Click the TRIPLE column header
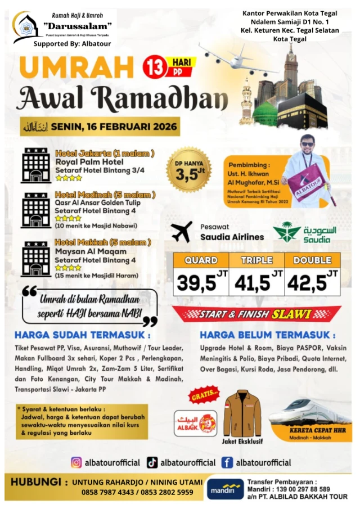256,260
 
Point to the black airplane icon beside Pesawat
181,231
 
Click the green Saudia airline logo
287,232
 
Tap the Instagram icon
76,462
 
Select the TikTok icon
152,462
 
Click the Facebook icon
227,462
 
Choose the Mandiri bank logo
225,488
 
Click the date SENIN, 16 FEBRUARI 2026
115,127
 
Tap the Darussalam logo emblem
25,25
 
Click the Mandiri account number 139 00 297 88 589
299,489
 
